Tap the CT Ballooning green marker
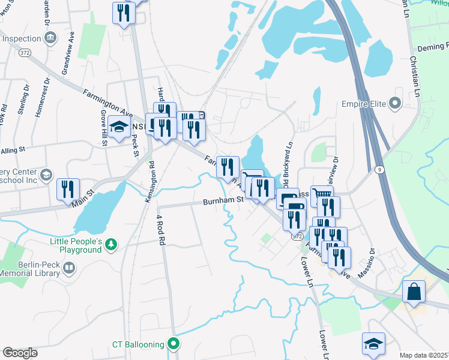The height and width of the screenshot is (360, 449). pyautogui.click(x=174, y=344)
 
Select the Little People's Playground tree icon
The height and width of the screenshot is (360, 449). pyautogui.click(x=110, y=244)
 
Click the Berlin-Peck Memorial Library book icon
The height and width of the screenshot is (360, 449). pyautogui.click(x=69, y=268)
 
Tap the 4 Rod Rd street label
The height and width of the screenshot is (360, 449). pyautogui.click(x=160, y=231)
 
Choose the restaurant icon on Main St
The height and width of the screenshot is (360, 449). pyautogui.click(x=68, y=189)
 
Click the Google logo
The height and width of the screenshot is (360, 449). pyautogui.click(x=20, y=353)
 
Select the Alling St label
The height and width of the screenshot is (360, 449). pyautogui.click(x=12, y=149)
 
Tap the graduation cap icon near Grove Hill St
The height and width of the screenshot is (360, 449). pyautogui.click(x=118, y=128)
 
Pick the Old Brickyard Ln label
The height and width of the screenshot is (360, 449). pyautogui.click(x=289, y=161)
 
